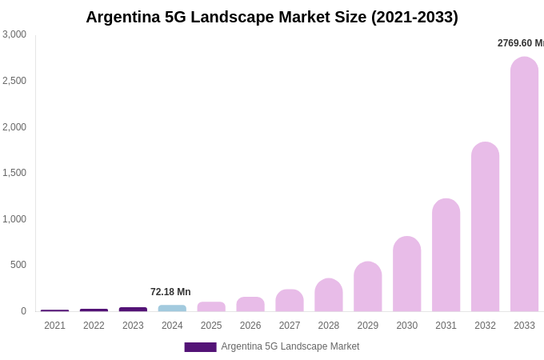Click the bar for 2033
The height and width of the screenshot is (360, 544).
pos(524,184)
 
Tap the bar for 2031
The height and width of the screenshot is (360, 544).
pos(446,255)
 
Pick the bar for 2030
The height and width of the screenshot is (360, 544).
pos(406,274)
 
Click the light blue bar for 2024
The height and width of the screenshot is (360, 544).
pos(172,308)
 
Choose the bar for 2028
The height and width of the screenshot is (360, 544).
pos(329,295)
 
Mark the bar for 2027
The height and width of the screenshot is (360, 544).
pos(290,301)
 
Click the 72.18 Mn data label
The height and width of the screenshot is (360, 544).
pos(170,292)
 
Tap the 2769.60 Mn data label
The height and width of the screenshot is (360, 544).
pos(520,43)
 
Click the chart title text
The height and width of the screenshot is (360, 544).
pos(272,17)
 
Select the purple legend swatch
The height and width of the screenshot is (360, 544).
pos(200,346)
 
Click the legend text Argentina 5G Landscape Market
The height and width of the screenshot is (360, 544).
pos(290,346)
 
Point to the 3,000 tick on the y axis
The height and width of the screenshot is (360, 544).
pos(14,34)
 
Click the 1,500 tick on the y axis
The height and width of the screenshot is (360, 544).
pos(14,173)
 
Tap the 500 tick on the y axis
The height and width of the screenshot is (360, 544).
pos(18,265)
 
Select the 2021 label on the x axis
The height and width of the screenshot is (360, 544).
pos(54,326)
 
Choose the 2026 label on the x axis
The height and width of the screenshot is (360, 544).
pos(250,326)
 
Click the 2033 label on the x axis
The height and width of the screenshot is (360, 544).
pos(524,326)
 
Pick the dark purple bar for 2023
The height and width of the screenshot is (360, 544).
pos(133,309)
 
